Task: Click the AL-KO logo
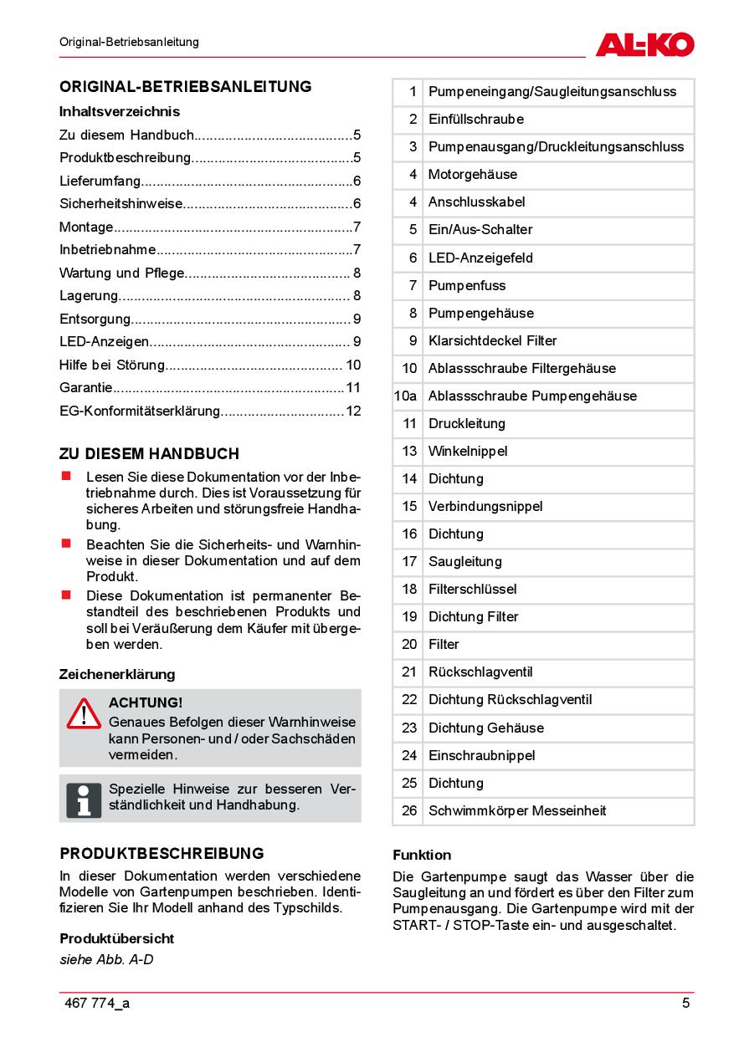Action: (x=644, y=43)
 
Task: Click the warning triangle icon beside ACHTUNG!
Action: (x=84, y=713)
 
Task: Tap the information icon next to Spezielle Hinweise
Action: (x=84, y=799)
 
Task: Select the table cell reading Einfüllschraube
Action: (x=475, y=119)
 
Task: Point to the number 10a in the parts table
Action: (x=405, y=396)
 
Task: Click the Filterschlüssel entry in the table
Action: (x=472, y=589)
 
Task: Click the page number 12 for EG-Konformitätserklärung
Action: (x=352, y=411)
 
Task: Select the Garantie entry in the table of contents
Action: (x=86, y=387)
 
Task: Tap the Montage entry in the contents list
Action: (x=86, y=227)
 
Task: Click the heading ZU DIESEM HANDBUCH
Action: (x=149, y=453)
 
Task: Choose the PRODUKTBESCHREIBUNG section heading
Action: (x=162, y=853)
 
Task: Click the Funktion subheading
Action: (x=422, y=855)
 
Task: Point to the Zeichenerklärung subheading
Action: (x=117, y=674)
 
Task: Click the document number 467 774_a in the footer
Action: (x=97, y=1004)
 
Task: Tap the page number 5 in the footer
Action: (x=685, y=1004)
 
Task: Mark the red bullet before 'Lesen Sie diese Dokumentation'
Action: (x=64, y=475)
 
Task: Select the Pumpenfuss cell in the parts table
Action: (x=467, y=285)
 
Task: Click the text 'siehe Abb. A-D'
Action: (x=106, y=959)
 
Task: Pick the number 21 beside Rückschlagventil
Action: (x=408, y=672)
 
